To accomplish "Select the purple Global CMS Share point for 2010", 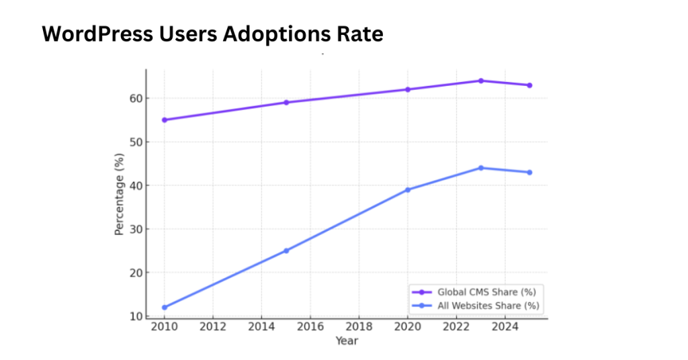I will pyautogui.click(x=165, y=120).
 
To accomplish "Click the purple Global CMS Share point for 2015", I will pyautogui.click(x=286, y=102).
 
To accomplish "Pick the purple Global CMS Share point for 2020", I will pyautogui.click(x=408, y=89).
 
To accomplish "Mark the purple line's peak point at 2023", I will pyautogui.click(x=481, y=81).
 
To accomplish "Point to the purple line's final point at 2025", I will pyautogui.click(x=529, y=85).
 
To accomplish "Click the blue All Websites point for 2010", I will pyautogui.click(x=165, y=308).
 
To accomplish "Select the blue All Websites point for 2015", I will pyautogui.click(x=286, y=251).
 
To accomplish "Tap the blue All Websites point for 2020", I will pyautogui.click(x=408, y=189).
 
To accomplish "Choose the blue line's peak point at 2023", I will pyautogui.click(x=481, y=168).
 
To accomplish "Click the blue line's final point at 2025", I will pyautogui.click(x=529, y=173).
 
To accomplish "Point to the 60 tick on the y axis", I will pyautogui.click(x=137, y=98).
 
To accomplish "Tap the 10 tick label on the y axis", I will pyautogui.click(x=137, y=316).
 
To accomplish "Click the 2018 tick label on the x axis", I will pyautogui.click(x=359, y=327).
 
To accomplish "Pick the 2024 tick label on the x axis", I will pyautogui.click(x=505, y=327).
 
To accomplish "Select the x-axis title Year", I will pyautogui.click(x=347, y=341).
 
